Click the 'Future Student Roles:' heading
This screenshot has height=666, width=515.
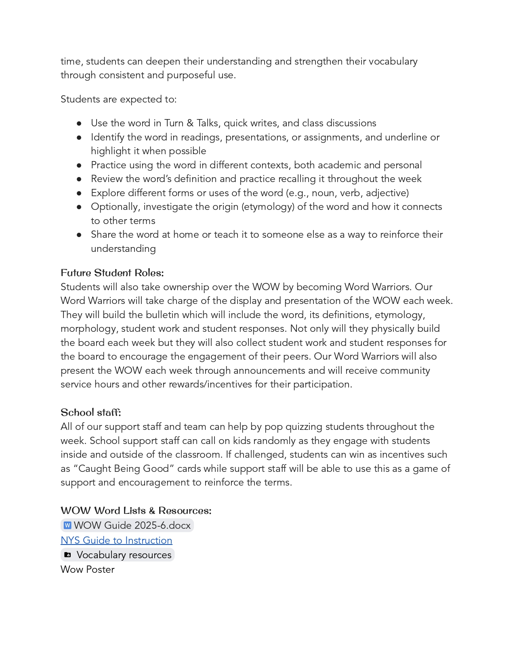click(x=112, y=273)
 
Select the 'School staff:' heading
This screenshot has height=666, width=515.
click(x=90, y=413)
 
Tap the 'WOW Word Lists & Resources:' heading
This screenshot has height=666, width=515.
click(x=136, y=511)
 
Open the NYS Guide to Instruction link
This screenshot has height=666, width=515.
click(x=116, y=540)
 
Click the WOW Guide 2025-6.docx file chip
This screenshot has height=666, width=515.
click(x=127, y=525)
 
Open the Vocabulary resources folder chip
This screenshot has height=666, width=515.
click(x=118, y=555)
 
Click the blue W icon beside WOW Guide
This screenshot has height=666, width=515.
click(x=67, y=525)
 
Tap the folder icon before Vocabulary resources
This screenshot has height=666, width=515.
click(x=68, y=555)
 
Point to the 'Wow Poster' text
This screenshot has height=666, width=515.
click(x=87, y=569)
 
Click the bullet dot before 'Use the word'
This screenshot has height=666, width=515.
click(x=79, y=123)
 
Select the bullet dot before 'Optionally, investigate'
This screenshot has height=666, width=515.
click(x=79, y=207)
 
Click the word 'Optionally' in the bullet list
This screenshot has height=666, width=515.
click(x=115, y=207)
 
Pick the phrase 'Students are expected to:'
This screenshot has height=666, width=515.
click(x=118, y=99)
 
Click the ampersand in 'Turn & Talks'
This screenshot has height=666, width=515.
click(x=190, y=123)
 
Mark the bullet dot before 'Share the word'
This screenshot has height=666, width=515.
click(x=79, y=235)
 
